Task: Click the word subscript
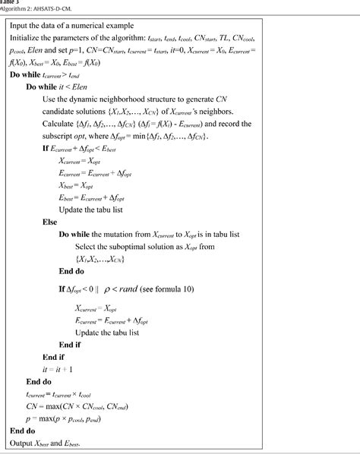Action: click(77, 135)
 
